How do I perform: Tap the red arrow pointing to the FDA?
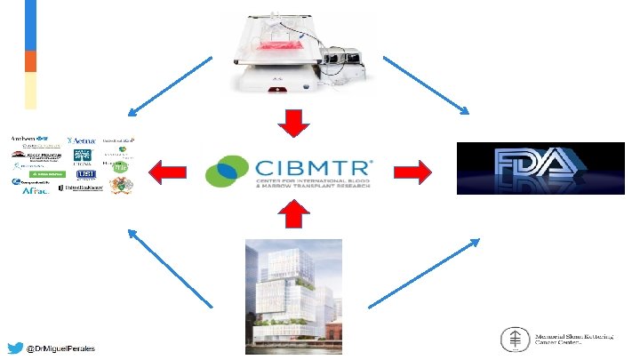[411, 170]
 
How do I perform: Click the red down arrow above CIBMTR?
[291, 124]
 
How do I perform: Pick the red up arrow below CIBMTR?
[291, 213]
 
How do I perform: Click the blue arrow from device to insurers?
[169, 86]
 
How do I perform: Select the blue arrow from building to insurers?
[170, 268]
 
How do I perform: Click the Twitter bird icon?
[15, 348]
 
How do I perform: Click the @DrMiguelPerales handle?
[61, 348]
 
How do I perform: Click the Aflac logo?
[30, 188]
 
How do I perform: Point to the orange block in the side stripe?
[30, 60]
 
